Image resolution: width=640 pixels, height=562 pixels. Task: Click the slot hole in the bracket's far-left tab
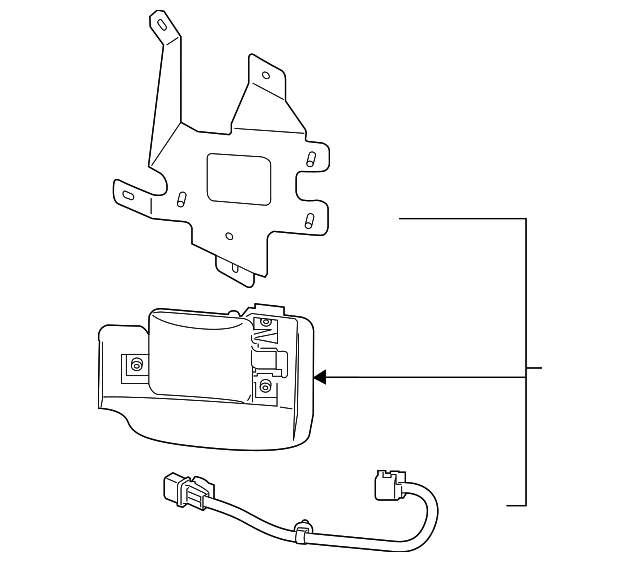[128, 193]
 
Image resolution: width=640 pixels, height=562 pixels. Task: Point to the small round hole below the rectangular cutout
[229, 237]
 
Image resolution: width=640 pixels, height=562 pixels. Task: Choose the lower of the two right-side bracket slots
[309, 219]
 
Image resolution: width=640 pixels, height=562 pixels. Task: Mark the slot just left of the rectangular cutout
[180, 198]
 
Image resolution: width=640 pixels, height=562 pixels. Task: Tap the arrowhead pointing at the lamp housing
[321, 377]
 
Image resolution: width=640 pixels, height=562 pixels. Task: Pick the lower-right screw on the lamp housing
[265, 386]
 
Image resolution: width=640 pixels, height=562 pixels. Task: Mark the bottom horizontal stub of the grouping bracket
[516, 505]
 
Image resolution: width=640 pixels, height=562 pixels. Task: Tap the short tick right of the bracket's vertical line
[535, 368]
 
